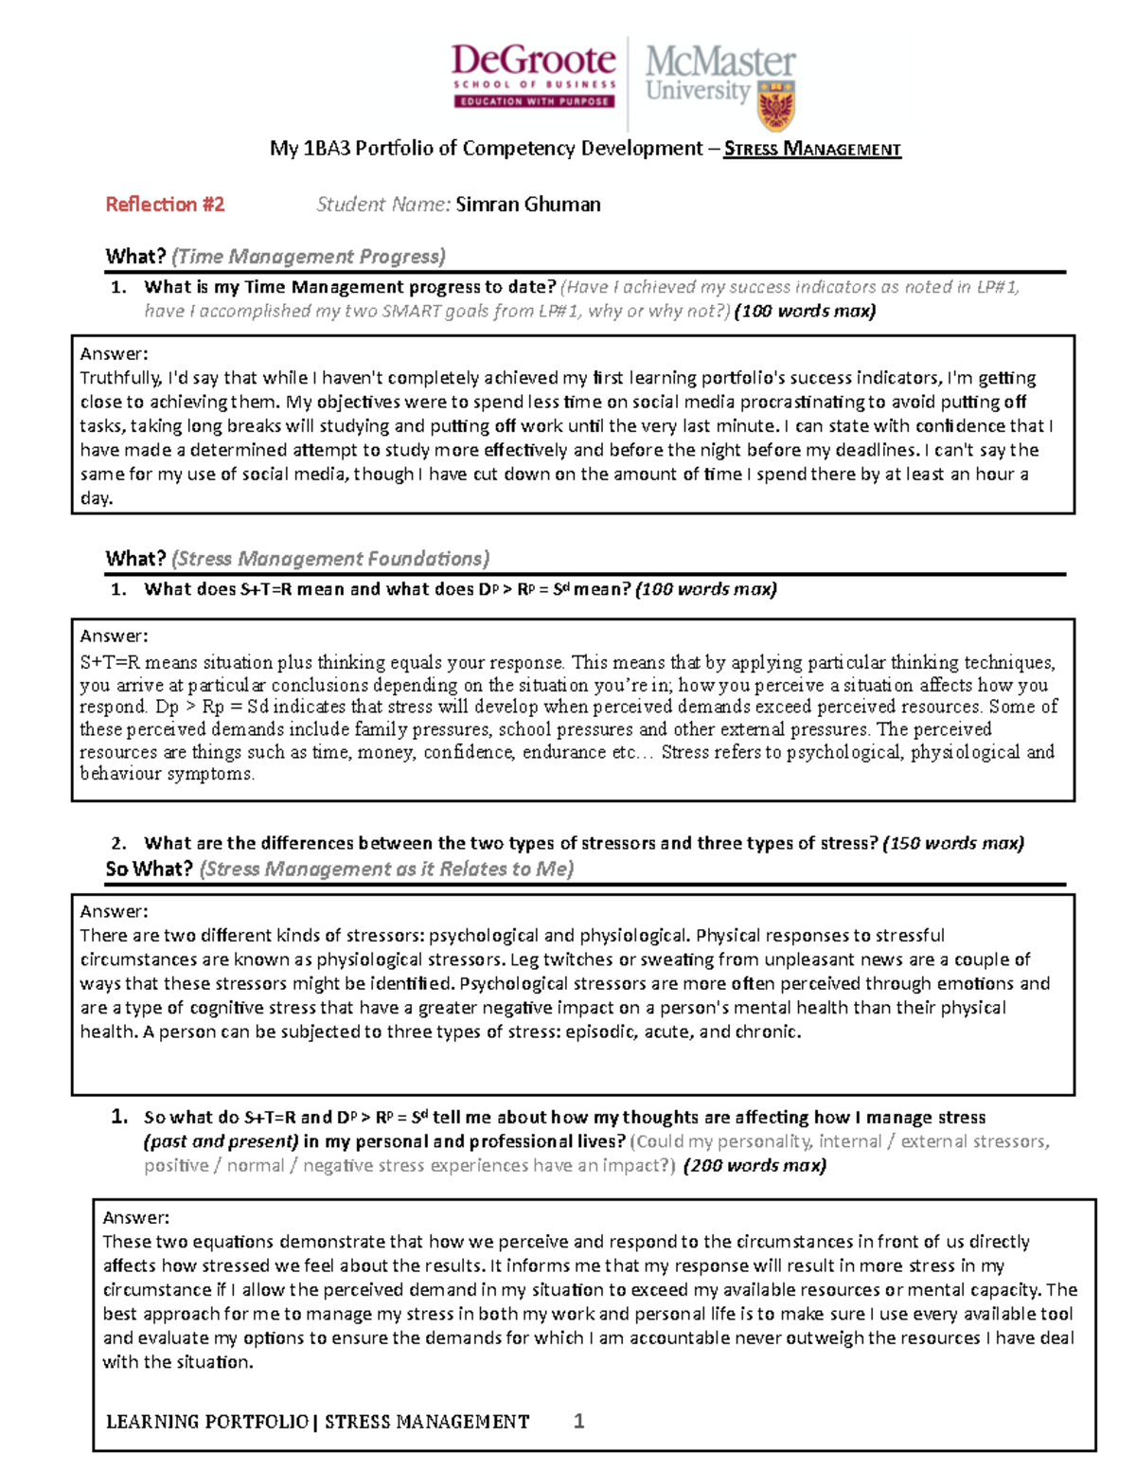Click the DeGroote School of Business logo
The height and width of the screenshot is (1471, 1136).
click(534, 76)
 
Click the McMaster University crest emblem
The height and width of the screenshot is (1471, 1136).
click(776, 105)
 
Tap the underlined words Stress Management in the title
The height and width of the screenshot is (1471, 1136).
click(812, 149)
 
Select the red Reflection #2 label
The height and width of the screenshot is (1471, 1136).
click(165, 205)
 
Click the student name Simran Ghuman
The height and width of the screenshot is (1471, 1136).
click(527, 205)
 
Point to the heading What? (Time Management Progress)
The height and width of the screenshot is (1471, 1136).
click(275, 257)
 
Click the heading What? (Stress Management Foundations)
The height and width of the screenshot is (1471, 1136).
click(297, 559)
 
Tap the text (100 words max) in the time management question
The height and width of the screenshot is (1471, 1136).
click(805, 312)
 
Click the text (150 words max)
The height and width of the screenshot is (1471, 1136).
click(952, 843)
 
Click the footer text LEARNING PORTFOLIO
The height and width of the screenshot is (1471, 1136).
click(206, 1422)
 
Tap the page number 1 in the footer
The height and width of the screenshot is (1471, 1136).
click(579, 1421)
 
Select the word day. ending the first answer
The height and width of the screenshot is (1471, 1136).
click(96, 498)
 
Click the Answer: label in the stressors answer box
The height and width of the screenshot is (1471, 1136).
click(114, 911)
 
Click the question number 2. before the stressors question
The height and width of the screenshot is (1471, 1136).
click(118, 843)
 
